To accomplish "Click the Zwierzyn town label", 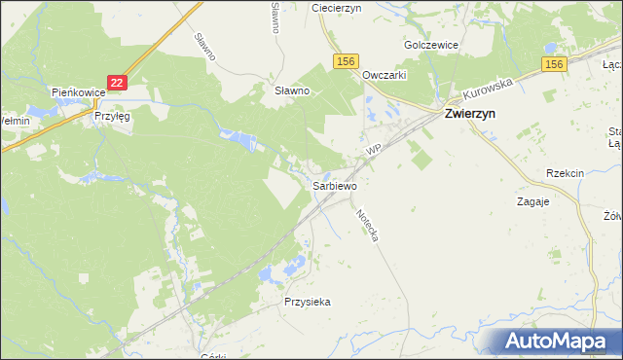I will pyautogui.click(x=472, y=113).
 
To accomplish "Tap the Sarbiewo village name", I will pyautogui.click(x=335, y=185).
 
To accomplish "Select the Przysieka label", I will pyautogui.click(x=308, y=302).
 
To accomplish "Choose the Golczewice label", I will pyautogui.click(x=431, y=45).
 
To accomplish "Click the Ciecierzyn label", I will pyautogui.click(x=337, y=7).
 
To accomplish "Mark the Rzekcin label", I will pyautogui.click(x=565, y=173).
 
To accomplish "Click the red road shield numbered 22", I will pyautogui.click(x=117, y=84).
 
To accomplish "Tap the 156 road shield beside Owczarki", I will pyautogui.click(x=346, y=61).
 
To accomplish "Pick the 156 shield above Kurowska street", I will pyautogui.click(x=554, y=64).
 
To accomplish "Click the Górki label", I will pyautogui.click(x=212, y=356).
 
